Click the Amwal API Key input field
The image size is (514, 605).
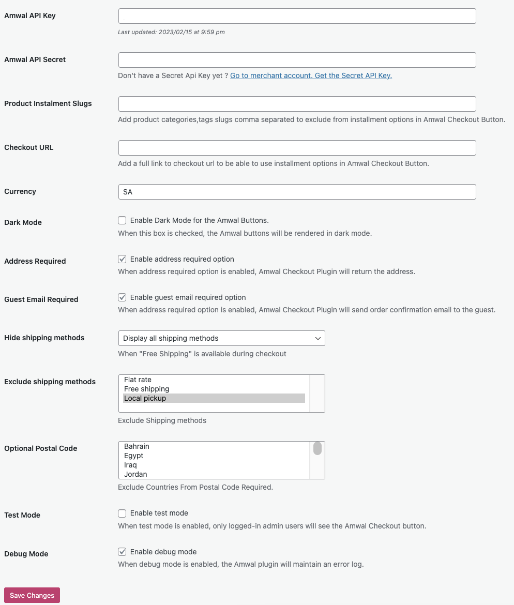(297, 16)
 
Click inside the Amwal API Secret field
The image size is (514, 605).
(297, 60)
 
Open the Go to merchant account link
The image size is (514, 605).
(311, 75)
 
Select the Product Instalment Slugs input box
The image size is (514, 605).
(297, 104)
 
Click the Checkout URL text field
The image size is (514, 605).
(297, 148)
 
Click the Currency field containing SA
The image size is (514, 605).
(297, 192)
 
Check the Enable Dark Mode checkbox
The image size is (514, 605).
(122, 221)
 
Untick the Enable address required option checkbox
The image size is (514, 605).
(122, 259)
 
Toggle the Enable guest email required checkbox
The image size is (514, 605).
(122, 297)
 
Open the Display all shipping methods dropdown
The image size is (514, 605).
(221, 338)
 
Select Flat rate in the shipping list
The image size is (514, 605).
(138, 380)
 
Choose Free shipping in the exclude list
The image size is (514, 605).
(147, 389)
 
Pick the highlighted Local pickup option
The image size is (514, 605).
(145, 398)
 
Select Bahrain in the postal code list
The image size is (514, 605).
(137, 446)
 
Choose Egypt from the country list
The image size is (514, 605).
(134, 456)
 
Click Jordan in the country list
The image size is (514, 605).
(135, 474)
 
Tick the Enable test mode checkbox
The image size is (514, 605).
(122, 513)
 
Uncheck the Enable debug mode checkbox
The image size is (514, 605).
(122, 552)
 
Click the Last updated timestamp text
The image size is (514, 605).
(171, 32)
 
